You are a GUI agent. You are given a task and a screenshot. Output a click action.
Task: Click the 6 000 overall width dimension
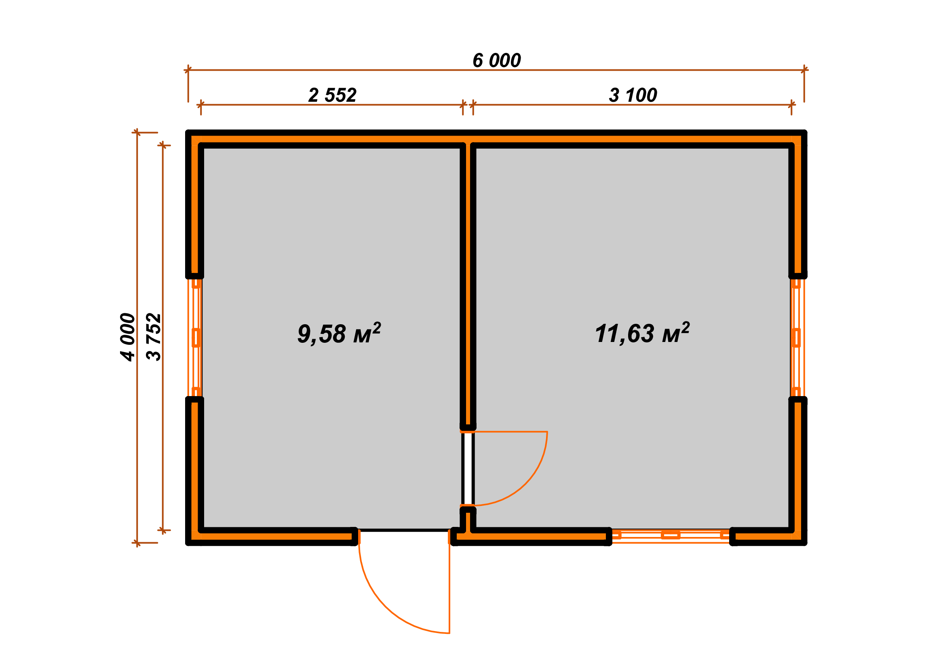[x=496, y=61]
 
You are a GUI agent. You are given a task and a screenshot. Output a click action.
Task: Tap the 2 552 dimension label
[x=332, y=95]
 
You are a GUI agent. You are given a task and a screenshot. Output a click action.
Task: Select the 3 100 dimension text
[x=633, y=95]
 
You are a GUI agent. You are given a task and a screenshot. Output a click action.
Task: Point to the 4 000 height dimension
[x=128, y=337]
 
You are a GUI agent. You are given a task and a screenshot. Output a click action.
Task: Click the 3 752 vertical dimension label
[x=154, y=337]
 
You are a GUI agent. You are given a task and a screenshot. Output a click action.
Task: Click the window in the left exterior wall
[x=196, y=338]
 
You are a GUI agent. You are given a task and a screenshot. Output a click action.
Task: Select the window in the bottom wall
[x=671, y=535]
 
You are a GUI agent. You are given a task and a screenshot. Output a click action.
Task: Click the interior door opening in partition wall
[x=468, y=468]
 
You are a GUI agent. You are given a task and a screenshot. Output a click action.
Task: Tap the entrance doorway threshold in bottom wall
[x=404, y=531]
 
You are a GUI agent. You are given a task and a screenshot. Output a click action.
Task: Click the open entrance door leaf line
[x=449, y=582]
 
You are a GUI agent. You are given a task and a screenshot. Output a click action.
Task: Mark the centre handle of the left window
[x=196, y=338]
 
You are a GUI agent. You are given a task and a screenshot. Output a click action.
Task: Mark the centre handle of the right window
[x=796, y=338]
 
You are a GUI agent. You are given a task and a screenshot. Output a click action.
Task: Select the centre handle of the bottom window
[x=671, y=535]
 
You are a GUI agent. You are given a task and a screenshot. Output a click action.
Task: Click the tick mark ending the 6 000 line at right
[x=804, y=70]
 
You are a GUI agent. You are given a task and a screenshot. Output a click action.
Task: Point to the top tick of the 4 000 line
[x=137, y=132]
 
